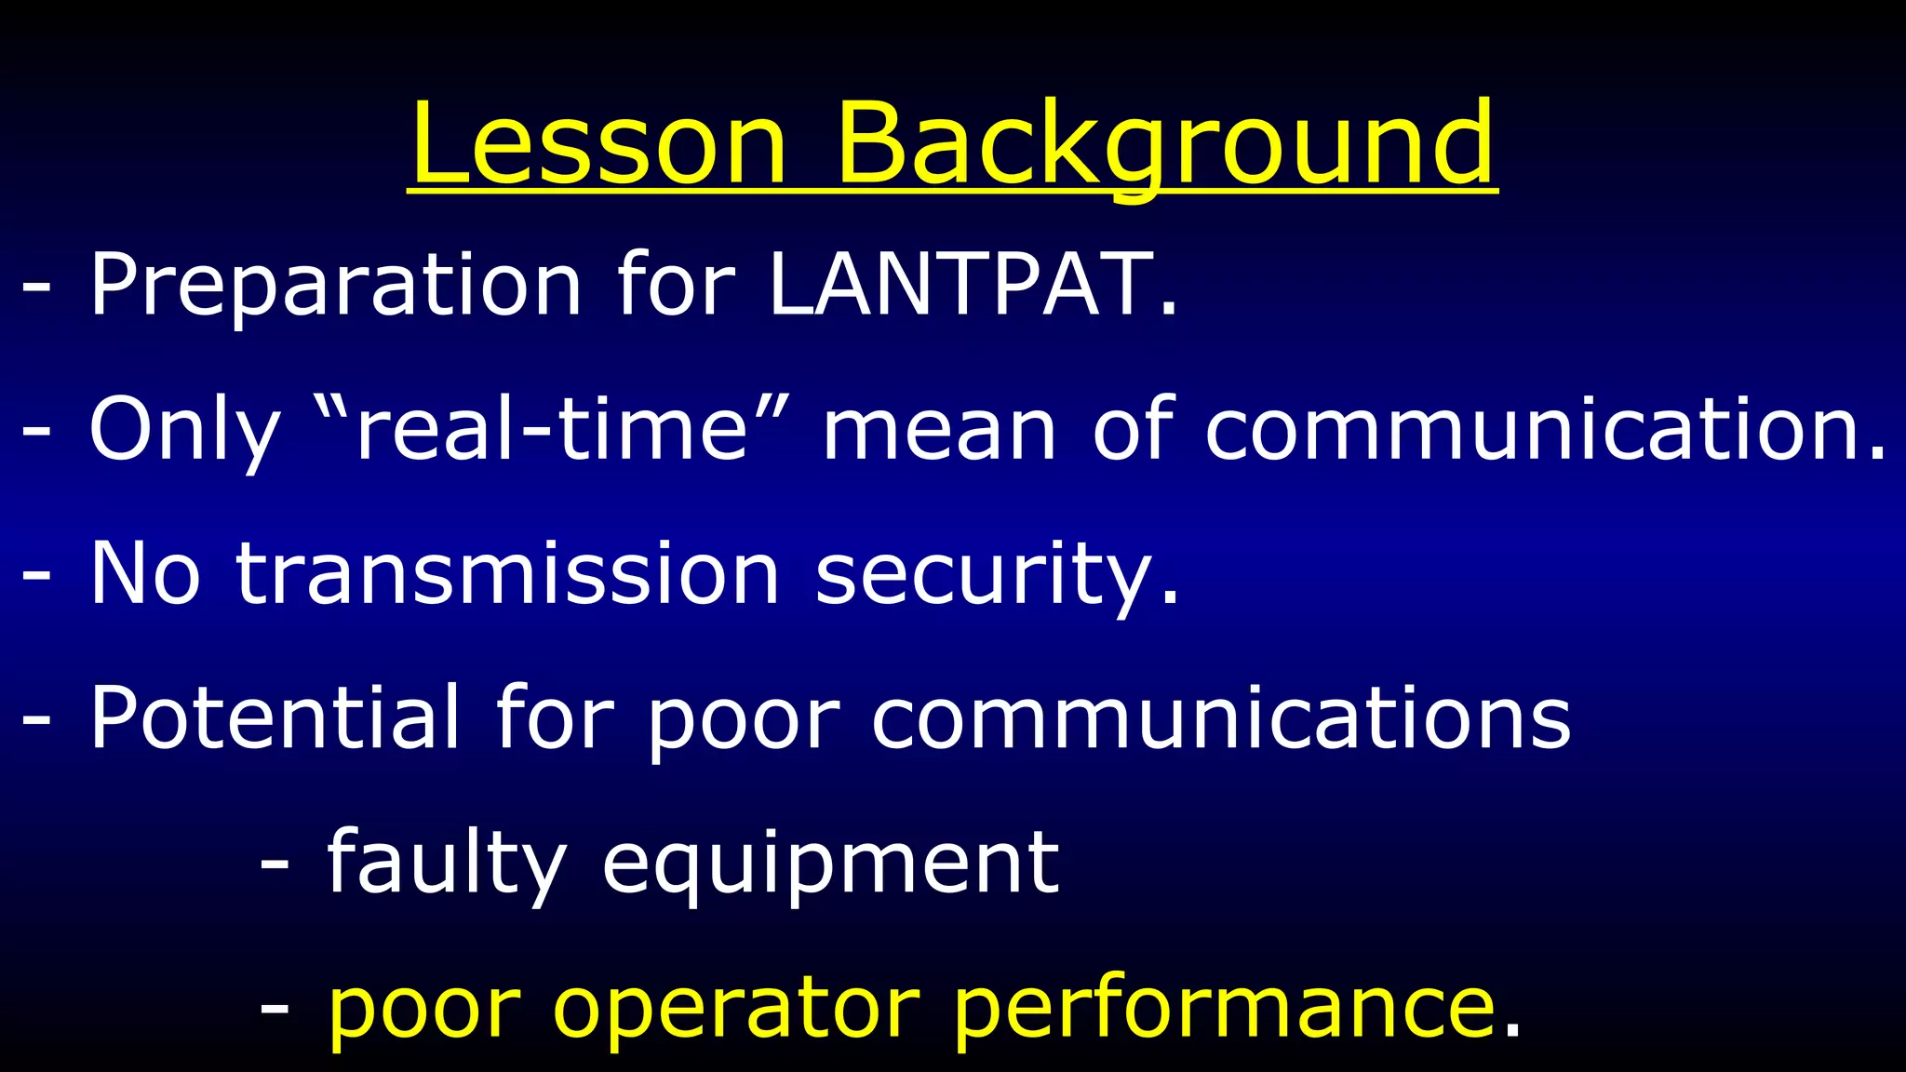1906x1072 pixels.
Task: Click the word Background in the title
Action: (x=1164, y=144)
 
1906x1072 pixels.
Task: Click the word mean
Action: (x=939, y=430)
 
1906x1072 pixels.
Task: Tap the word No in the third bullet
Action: (x=144, y=574)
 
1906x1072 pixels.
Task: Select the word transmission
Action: (x=507, y=574)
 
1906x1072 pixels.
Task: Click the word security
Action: (x=987, y=576)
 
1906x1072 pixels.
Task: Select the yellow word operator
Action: (x=735, y=1010)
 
